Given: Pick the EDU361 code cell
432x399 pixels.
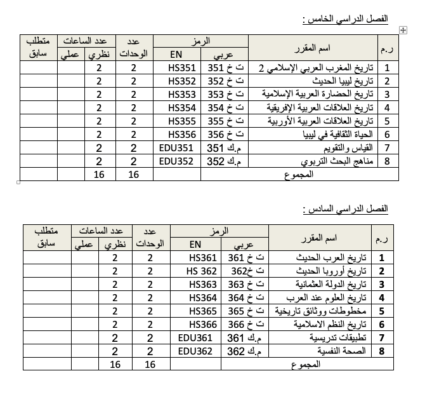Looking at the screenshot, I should (x=195, y=337).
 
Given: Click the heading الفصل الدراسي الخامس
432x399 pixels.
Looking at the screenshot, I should (x=345, y=18).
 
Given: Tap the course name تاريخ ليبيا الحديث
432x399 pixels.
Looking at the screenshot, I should (x=343, y=81).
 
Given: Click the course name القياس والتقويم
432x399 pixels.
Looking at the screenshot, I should (x=348, y=147).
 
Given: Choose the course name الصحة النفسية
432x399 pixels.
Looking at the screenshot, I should (x=346, y=351).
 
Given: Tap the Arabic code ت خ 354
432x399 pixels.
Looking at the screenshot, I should (x=226, y=108).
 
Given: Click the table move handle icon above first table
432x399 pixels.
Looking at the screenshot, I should (x=403, y=30).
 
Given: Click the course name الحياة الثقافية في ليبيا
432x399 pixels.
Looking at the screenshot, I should (x=341, y=134).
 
